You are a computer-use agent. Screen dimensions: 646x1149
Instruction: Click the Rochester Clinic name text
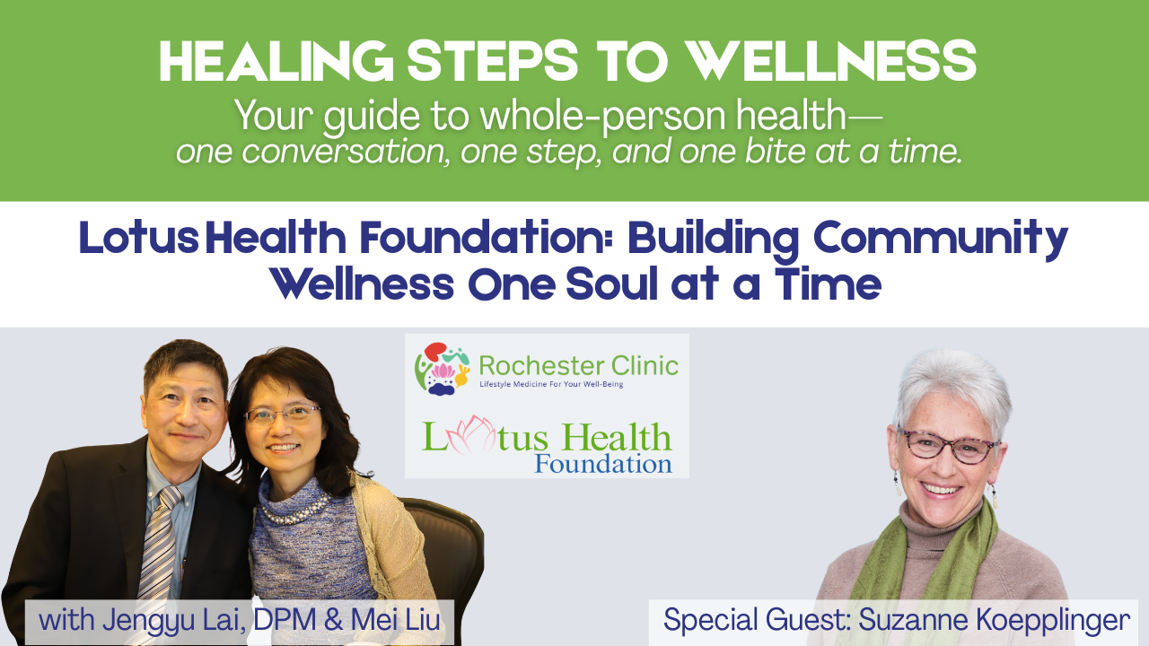(x=578, y=365)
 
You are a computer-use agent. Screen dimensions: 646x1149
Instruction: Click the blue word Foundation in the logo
(x=602, y=465)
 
